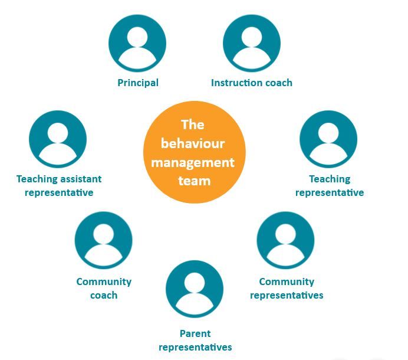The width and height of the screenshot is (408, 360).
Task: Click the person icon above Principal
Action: click(x=137, y=43)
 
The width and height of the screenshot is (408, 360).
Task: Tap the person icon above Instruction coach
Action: click(x=252, y=43)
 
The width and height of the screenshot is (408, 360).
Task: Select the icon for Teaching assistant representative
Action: click(x=58, y=139)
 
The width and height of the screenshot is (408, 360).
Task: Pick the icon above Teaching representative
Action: click(x=328, y=139)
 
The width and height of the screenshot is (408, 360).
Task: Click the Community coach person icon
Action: click(x=104, y=240)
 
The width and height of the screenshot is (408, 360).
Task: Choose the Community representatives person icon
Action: click(x=286, y=240)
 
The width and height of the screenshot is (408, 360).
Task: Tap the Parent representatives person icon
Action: click(x=195, y=289)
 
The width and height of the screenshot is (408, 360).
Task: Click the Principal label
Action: click(x=138, y=83)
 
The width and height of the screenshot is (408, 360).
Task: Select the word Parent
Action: click(x=195, y=333)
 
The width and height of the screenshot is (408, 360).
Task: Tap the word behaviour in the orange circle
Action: click(x=193, y=143)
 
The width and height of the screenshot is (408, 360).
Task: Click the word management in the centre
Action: click(x=193, y=162)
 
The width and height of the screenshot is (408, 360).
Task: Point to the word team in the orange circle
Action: click(x=194, y=180)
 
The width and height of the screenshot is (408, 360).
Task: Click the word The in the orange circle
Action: click(x=193, y=125)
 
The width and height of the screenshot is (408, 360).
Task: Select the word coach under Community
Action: click(x=104, y=295)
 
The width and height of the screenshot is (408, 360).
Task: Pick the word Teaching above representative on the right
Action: click(x=330, y=179)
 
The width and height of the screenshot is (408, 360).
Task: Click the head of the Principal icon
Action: click(x=137, y=37)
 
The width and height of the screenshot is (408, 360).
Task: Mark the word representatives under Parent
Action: click(x=195, y=347)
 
